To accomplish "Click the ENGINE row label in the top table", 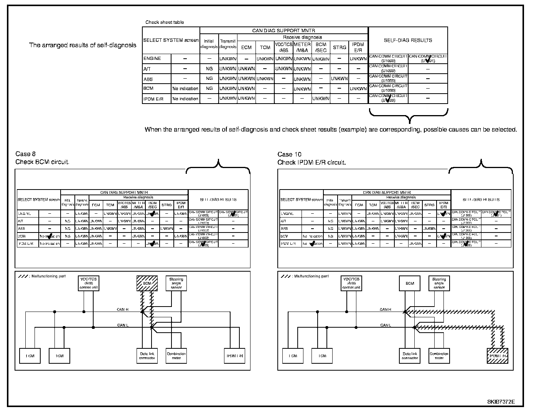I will [152, 59].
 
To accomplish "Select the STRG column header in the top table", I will [339, 48].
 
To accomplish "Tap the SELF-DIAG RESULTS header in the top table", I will [408, 40].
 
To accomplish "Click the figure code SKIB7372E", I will [501, 402].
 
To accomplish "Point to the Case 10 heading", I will [290, 154].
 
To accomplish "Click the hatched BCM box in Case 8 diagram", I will [147, 284].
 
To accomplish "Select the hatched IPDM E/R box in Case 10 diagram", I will [497, 356].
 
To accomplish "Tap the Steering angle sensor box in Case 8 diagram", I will [176, 284].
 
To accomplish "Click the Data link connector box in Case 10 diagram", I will [410, 356].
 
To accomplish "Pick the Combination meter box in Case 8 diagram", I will [176, 356].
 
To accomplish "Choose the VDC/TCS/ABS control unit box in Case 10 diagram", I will [351, 284].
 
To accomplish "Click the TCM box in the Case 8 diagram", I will [59, 356].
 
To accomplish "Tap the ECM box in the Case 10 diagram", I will [293, 356].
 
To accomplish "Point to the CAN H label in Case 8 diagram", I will [123, 309].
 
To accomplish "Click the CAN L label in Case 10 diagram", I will [386, 325].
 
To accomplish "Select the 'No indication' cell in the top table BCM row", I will [185, 89].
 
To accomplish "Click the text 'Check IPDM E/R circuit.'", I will [311, 162].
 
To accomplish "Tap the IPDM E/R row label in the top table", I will [153, 99].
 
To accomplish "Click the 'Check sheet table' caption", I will [165, 22].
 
